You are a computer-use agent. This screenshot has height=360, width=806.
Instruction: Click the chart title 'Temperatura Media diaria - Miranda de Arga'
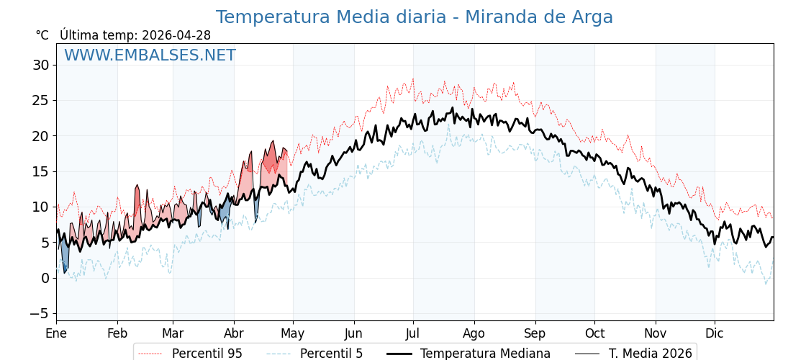coord(414,17)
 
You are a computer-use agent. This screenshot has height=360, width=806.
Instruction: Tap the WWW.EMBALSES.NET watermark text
coord(150,55)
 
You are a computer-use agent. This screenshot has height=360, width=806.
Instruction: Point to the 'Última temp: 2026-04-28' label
coord(135,35)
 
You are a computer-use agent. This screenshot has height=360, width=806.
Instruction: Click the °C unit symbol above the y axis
coord(42,35)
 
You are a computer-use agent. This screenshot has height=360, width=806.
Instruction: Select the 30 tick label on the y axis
coord(40,66)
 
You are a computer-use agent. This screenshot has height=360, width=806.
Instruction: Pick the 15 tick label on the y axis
coord(40,171)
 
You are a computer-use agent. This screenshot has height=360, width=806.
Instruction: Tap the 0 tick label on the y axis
coord(45,278)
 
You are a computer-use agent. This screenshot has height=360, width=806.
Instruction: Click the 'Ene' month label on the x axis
coord(56,334)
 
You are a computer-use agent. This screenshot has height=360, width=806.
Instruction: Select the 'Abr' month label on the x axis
coord(234,334)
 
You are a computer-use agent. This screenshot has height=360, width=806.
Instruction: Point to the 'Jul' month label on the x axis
coord(413,334)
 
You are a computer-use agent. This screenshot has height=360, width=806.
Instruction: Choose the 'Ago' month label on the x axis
coord(474,334)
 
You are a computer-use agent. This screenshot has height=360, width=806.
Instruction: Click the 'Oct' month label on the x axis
coord(594,334)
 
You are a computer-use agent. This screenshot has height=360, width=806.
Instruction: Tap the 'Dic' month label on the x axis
coord(715,334)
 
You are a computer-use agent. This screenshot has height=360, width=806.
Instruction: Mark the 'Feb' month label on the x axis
coord(117,334)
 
